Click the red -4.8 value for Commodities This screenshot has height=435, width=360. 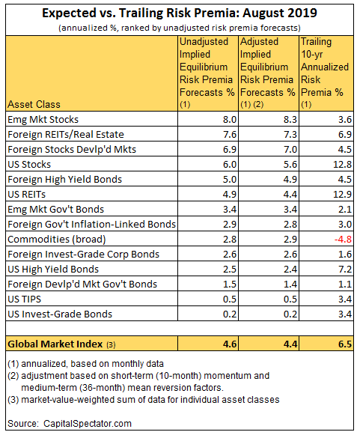tap(343, 239)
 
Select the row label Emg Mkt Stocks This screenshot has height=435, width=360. tap(43, 120)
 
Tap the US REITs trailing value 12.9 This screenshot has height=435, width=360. tap(342, 194)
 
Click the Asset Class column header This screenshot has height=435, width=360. tap(34, 104)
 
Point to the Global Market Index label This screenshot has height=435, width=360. tap(55, 344)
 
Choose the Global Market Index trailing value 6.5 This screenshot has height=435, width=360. tap(345, 344)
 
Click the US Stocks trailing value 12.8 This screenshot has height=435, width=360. tap(342, 164)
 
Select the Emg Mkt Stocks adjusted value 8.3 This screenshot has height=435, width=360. tap(290, 120)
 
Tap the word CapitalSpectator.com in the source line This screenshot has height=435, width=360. tap(88, 424)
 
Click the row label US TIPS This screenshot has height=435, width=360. tap(25, 299)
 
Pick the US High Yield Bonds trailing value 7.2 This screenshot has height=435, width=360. tap(345, 269)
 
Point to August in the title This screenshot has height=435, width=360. tap(262, 13)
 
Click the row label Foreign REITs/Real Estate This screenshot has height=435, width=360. tap(66, 135)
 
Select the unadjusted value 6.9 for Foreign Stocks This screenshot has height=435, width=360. tap(230, 149)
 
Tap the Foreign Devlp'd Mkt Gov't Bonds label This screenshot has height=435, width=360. tap(82, 284)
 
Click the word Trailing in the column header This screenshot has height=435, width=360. tap(316, 42)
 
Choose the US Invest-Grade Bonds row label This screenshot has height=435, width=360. tap(60, 314)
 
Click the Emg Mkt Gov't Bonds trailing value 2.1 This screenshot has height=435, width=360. tap(345, 209)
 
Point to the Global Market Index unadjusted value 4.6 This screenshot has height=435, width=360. tap(230, 344)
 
